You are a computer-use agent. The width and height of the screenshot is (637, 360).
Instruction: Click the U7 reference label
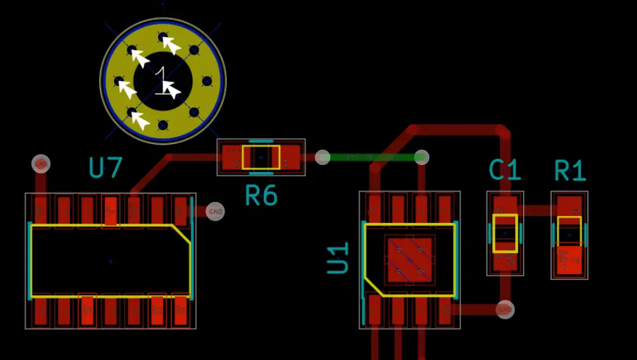point(105,168)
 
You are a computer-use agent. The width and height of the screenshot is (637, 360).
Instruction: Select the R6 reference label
point(261,196)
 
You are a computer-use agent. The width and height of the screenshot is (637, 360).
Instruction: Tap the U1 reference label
point(338,257)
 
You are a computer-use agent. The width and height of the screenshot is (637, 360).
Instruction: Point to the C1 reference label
point(505,170)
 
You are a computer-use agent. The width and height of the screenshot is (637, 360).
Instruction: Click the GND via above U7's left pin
point(41,164)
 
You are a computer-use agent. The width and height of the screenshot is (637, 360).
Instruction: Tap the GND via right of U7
point(215,211)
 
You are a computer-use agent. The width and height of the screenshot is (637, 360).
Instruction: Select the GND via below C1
point(505,310)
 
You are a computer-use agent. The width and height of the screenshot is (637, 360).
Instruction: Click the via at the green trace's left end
point(323,157)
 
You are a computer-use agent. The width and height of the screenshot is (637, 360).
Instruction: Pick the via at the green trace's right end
point(421,157)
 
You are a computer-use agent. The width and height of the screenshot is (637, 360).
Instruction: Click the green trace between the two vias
point(372,157)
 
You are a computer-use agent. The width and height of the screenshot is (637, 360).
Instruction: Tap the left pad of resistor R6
point(231,157)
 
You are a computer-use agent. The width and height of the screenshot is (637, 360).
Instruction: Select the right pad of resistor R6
point(290,157)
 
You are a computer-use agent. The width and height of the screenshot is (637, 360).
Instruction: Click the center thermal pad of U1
point(410,260)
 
